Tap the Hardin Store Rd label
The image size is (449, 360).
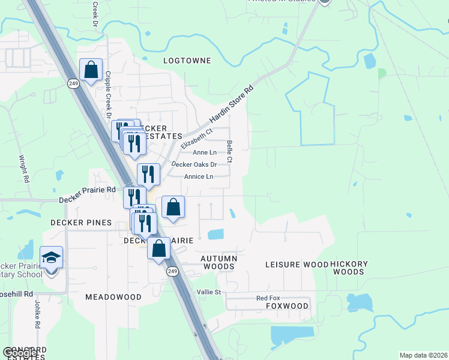[x=232, y=104]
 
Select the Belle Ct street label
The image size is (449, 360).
[x=229, y=152]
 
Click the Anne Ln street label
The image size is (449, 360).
[x=204, y=152]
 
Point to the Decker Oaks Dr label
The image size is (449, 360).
[x=193, y=164]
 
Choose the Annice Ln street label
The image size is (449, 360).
[x=199, y=176]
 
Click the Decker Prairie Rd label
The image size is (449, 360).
[x=87, y=190]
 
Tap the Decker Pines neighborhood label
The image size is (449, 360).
[x=81, y=223]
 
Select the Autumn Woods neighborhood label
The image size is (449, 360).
[x=219, y=262]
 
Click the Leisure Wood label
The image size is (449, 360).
[x=297, y=265]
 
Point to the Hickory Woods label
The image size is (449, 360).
[x=348, y=268]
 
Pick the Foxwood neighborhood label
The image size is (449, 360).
[x=287, y=306]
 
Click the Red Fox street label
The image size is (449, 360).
[x=268, y=298]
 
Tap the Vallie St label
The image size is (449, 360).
[x=209, y=292]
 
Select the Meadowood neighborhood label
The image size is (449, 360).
[x=113, y=297]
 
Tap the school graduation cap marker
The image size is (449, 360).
[x=52, y=258]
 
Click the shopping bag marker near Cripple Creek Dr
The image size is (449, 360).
[x=91, y=70]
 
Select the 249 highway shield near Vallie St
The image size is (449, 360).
[x=173, y=272]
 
